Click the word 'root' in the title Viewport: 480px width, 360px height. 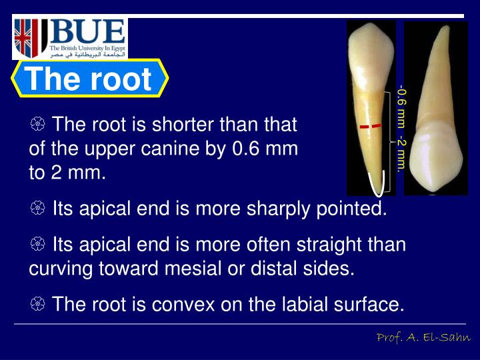(x=121, y=80)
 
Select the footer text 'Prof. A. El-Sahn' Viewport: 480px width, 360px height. (x=422, y=338)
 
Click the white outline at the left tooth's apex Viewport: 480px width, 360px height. (x=377, y=183)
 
